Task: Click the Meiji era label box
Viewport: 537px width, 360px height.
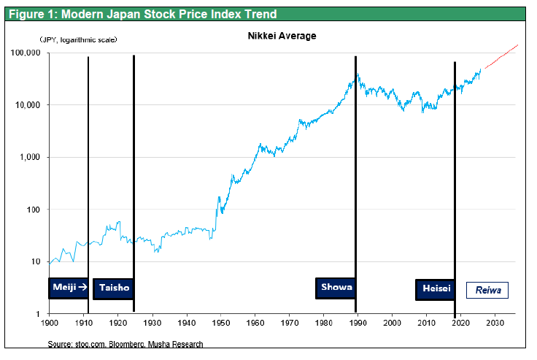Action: [69, 288]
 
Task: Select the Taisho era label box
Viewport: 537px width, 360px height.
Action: [114, 288]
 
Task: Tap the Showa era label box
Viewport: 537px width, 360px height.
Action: [336, 288]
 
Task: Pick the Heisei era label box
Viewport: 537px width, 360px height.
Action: [436, 289]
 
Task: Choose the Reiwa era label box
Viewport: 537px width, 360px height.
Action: [487, 289]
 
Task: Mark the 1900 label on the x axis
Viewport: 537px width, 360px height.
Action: [50, 322]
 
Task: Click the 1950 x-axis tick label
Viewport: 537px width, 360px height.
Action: [221, 322]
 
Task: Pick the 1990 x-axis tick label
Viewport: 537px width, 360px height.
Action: [358, 322]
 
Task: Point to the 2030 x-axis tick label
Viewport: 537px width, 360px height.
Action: [495, 322]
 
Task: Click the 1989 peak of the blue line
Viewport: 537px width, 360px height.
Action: [357, 73]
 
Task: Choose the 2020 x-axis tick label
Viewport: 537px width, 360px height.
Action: [461, 322]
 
